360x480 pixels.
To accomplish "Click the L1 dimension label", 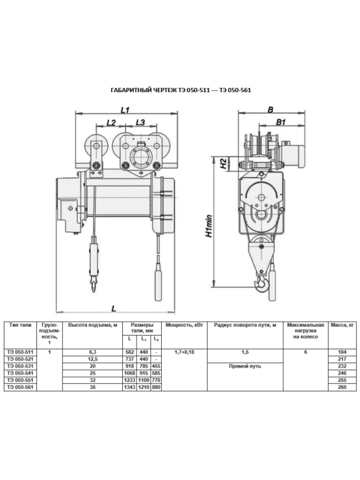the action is (x=125, y=110).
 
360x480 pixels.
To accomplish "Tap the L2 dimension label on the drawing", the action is (x=111, y=122).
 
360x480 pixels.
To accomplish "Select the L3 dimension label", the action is (x=140, y=122).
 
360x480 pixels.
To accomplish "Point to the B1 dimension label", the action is (x=281, y=122).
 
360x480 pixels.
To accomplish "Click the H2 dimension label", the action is (x=224, y=164).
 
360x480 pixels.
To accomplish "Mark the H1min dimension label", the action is (x=209, y=226).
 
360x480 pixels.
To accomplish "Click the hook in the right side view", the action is (x=262, y=284).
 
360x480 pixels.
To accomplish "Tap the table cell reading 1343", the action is (x=129, y=387).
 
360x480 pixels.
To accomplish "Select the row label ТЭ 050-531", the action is (x=20, y=366).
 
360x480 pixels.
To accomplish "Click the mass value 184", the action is (x=342, y=352).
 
